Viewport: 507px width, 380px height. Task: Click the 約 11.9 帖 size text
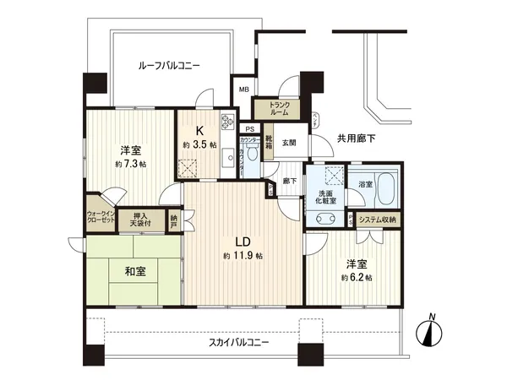[x=243, y=255]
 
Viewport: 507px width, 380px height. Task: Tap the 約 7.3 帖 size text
[x=130, y=164]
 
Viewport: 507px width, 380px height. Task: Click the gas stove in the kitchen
[x=227, y=122]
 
